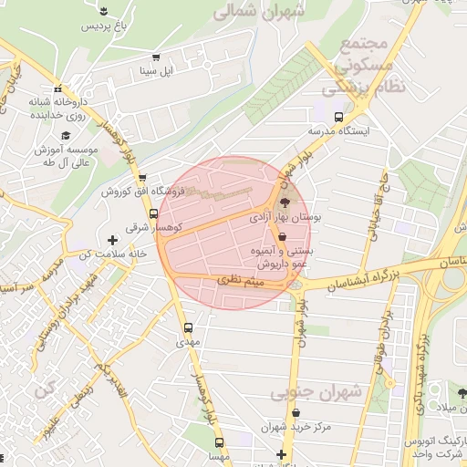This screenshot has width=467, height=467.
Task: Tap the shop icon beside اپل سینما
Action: point(156,57)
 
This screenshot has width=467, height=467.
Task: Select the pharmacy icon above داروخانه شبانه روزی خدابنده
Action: point(59,89)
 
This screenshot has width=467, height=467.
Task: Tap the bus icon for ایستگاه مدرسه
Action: point(339,117)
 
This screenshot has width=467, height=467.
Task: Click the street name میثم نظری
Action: point(244,284)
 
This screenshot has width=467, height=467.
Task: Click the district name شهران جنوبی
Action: point(316,390)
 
